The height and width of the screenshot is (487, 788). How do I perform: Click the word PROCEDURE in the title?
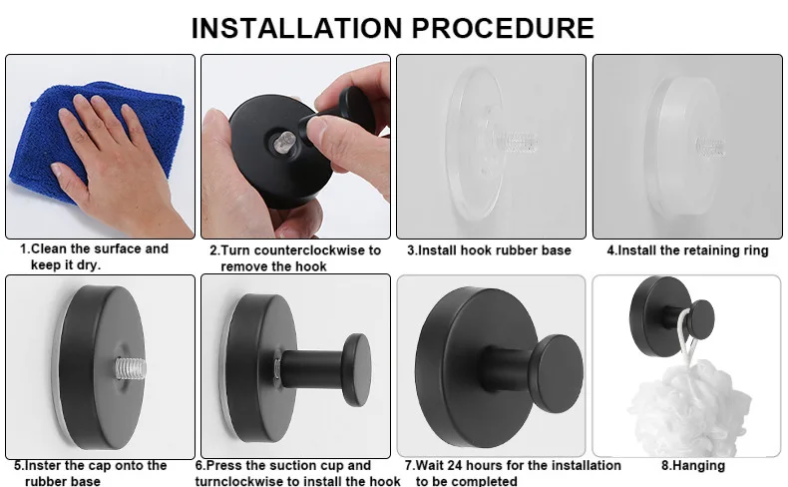(504, 28)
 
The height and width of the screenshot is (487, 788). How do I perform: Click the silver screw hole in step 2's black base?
(282, 143)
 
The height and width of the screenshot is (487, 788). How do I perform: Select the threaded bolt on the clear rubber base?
(518, 143)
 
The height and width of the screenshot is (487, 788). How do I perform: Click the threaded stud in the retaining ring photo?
(710, 147)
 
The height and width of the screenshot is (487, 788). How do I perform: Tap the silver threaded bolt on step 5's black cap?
(131, 368)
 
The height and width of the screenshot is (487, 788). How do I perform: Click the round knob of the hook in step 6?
(357, 369)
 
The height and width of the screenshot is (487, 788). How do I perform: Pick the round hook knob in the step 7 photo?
(557, 367)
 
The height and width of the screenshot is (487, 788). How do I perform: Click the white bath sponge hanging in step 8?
(688, 412)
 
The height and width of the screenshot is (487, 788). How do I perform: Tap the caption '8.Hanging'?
(693, 466)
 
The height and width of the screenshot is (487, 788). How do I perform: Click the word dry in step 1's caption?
(89, 264)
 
